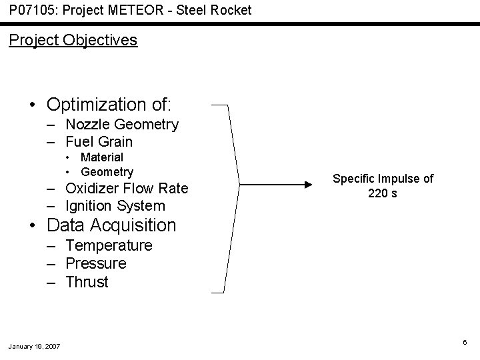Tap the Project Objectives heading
(x=73, y=40)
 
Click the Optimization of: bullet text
(x=109, y=105)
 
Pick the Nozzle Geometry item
(x=122, y=124)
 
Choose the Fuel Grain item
(x=99, y=141)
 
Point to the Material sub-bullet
(x=101, y=157)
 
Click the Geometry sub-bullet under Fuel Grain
(x=107, y=172)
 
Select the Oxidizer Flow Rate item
(x=127, y=188)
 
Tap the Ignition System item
(x=115, y=205)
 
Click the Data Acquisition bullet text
(x=111, y=225)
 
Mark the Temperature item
(x=109, y=245)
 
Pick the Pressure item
(x=96, y=263)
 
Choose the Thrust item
(x=87, y=282)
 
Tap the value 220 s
(x=383, y=194)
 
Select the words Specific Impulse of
(x=383, y=179)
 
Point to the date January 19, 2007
(x=34, y=346)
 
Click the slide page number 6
(x=465, y=342)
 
